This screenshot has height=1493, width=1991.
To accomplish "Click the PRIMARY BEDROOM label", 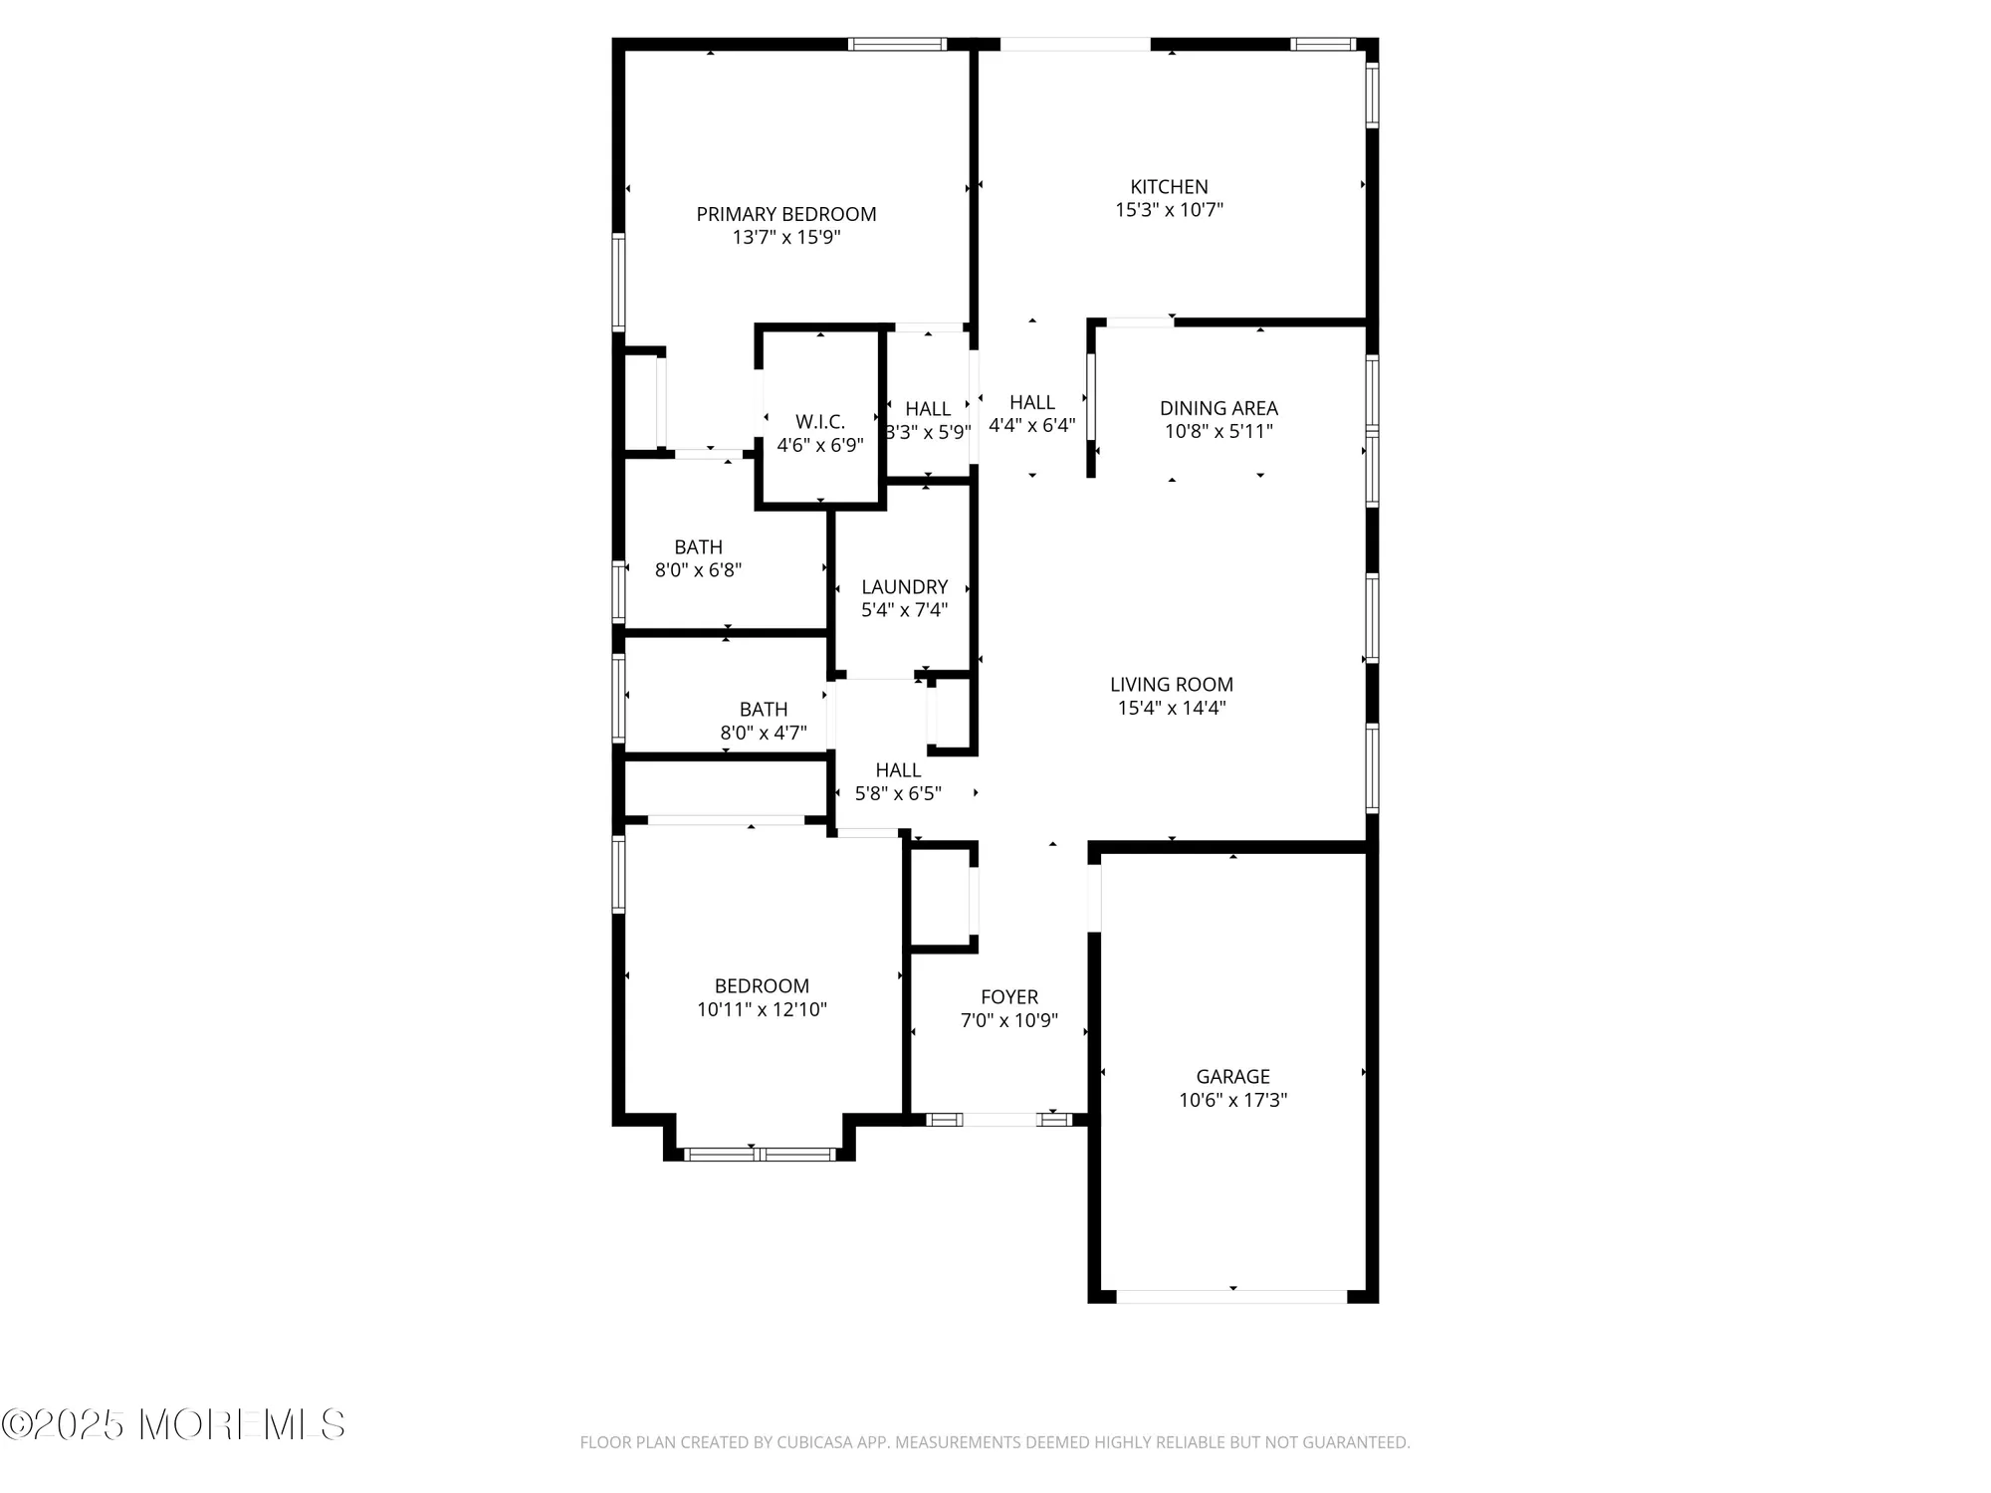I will tap(785, 214).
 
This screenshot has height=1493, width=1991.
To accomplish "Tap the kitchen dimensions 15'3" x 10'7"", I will tap(1169, 210).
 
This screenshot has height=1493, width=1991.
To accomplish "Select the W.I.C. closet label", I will tap(819, 422).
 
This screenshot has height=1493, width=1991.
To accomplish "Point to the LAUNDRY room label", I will tap(904, 587).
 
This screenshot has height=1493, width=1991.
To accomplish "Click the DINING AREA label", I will tap(1218, 408).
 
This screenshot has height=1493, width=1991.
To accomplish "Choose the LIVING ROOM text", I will tap(1171, 685).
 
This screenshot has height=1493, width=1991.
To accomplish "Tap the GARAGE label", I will tap(1232, 1077).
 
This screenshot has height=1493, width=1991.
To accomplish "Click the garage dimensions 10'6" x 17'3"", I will tap(1232, 1100).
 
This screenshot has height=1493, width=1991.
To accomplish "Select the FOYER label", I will tap(1008, 997).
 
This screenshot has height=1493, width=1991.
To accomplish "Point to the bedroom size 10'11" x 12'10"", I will tap(762, 1009).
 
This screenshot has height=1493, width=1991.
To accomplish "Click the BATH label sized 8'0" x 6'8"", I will tap(698, 547).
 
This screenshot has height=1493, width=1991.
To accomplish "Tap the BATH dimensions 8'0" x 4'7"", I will tap(764, 734).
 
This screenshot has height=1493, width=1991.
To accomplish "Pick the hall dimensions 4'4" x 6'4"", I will tap(1031, 426).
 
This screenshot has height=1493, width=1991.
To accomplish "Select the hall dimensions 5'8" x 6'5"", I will tap(898, 793).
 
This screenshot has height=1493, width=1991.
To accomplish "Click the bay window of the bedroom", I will tap(760, 1155).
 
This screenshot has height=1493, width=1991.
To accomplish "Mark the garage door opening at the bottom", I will tap(1231, 1296).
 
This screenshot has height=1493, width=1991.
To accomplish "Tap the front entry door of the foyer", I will tap(999, 1120).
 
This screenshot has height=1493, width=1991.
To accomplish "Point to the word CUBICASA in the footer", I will tap(814, 1442).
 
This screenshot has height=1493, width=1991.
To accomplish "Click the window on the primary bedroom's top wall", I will tap(897, 44).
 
